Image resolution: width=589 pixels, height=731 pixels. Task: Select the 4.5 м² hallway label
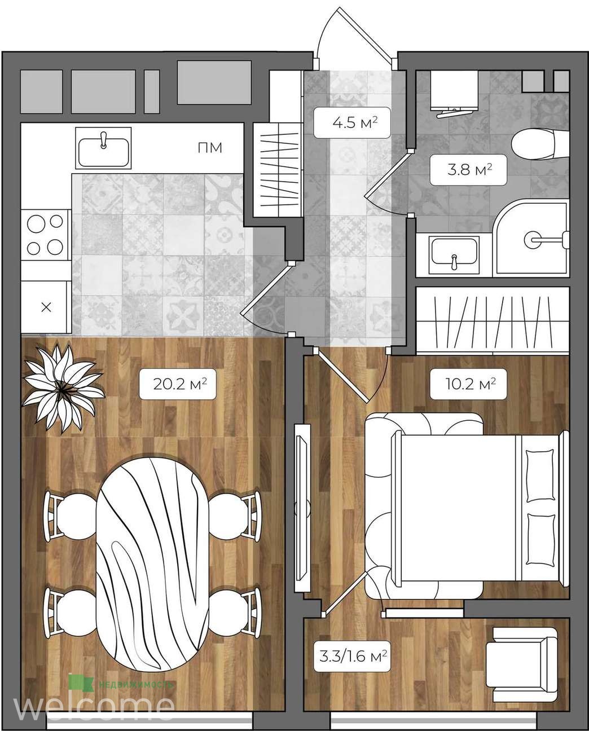coord(352,122)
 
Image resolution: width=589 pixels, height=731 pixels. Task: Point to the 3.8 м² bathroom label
coord(468,170)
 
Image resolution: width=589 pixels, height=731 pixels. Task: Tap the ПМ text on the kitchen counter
coord(210,148)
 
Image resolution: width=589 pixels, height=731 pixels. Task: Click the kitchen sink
coord(103,148)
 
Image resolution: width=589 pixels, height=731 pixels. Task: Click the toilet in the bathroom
coord(540,144)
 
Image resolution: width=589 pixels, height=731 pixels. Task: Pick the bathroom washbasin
coord(454,256)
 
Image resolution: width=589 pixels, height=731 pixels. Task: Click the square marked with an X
coord(46,307)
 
